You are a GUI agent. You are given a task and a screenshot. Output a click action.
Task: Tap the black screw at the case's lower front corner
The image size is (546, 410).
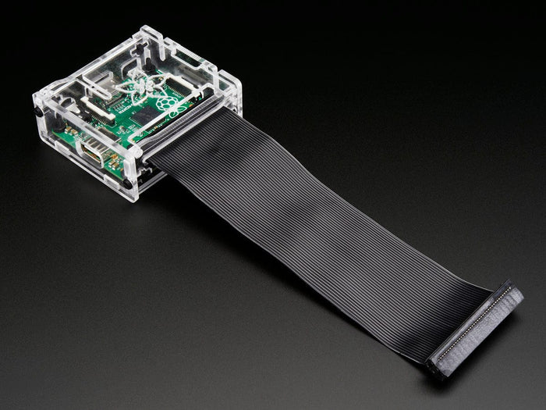[127, 184]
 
